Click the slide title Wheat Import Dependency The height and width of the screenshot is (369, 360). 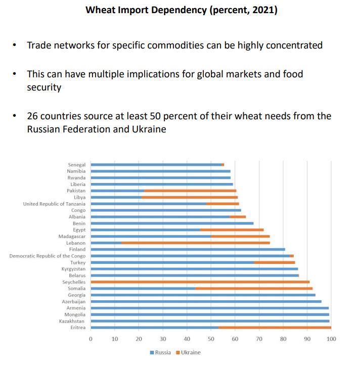(181, 10)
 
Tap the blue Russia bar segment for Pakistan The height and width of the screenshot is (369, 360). (117, 191)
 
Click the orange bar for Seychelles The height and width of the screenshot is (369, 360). (200, 282)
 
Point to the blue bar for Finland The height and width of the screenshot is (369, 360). (188, 249)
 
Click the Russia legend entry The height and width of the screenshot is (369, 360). (160, 352)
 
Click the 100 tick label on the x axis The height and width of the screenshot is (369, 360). (331, 339)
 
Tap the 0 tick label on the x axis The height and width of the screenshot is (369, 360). (91, 339)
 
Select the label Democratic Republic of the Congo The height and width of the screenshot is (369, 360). (48, 256)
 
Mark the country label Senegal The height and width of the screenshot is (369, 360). (77, 165)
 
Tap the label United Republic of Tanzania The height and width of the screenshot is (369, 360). (55, 204)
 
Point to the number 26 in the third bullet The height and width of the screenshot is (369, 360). (33, 116)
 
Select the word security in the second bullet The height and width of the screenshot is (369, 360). (44, 87)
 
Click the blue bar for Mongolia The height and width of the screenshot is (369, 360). (210, 314)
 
